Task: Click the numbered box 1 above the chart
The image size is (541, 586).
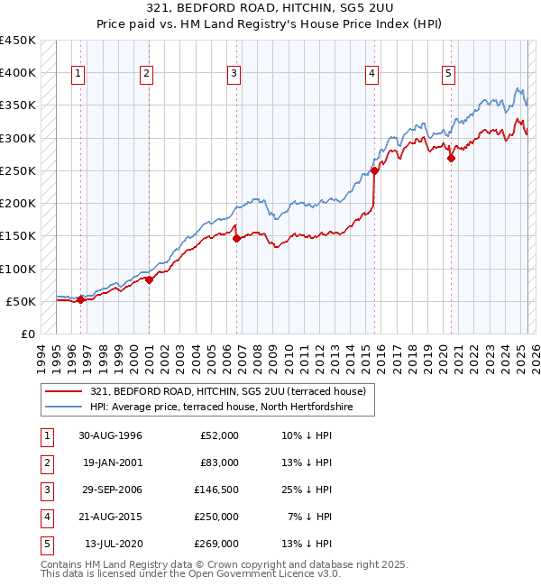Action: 79,74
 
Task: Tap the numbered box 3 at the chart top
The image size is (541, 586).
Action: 234,74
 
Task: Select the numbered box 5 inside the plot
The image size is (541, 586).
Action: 449,74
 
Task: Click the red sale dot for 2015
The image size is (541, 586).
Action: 374,169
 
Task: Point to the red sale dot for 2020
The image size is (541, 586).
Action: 451,158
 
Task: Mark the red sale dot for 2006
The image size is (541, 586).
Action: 236,239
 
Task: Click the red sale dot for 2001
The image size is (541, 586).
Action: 149,279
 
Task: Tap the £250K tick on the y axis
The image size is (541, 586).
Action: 18,170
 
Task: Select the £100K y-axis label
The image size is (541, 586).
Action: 18,269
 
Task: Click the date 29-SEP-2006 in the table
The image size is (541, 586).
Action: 111,490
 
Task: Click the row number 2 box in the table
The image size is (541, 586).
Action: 46,462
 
